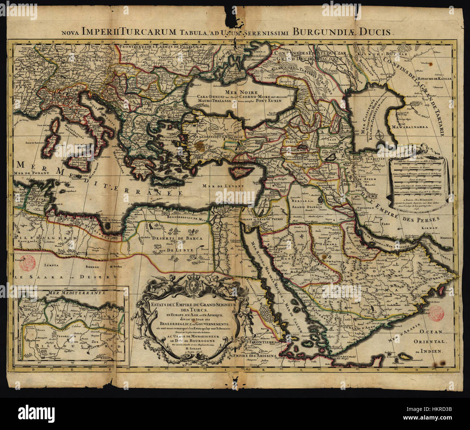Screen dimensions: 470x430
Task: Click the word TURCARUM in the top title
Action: [x=150, y=31]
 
